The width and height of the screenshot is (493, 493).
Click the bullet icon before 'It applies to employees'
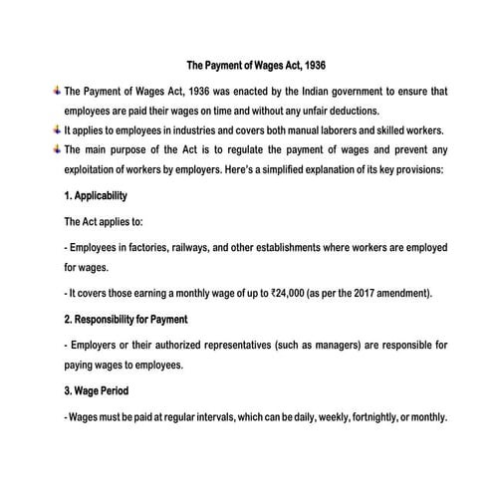coord(56,128)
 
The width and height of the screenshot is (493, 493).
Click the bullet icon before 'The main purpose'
coord(56,148)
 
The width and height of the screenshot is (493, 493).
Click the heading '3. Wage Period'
coord(96,390)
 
